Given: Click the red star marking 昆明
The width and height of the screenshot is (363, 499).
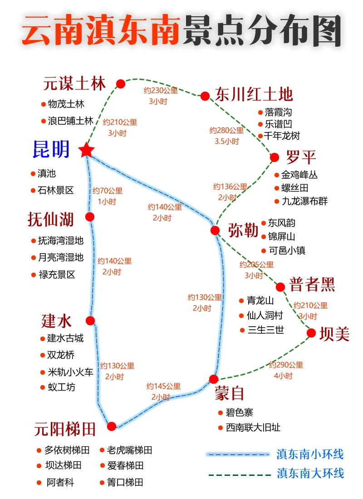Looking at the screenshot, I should tap(86, 150).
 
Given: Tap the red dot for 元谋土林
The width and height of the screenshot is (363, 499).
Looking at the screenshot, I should tap(121, 83).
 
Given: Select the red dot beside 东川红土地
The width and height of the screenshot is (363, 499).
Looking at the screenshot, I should tap(205, 96).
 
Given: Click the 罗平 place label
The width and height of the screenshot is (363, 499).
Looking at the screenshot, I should tap(301, 158).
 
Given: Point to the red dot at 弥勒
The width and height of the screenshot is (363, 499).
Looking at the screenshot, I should tap(215, 230).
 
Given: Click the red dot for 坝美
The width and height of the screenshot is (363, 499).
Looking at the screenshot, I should tap(311, 333).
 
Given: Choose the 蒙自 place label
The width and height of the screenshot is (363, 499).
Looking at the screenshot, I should tap(230, 393).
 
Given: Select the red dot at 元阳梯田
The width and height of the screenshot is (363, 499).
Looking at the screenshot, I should tap(112, 426).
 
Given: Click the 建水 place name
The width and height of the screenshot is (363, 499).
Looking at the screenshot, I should tap(57, 321).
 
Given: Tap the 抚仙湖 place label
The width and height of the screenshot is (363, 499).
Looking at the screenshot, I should tap(50, 220).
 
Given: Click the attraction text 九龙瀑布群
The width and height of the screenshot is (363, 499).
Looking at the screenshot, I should tap(304, 201).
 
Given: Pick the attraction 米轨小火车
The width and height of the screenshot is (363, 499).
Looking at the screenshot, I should tap(70, 372).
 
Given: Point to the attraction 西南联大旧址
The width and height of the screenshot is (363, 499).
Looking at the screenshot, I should tap(253, 427).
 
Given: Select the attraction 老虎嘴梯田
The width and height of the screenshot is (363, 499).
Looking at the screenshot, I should tap(129, 450).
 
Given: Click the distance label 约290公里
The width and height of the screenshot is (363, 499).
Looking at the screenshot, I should tap(286, 365).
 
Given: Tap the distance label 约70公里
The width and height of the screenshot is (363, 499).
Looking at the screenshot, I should tap(108, 191).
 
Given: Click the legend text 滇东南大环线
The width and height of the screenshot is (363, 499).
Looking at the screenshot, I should tap(310, 473).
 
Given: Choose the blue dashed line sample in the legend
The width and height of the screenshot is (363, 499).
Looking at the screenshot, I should tap(238, 454).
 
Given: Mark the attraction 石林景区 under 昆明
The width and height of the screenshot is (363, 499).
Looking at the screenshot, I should tap(55, 191).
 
